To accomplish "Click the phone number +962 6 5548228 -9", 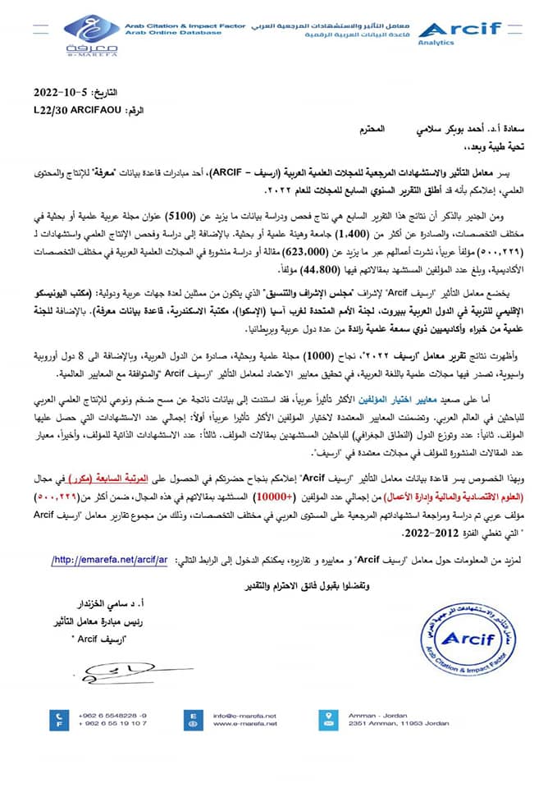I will pyautogui.click(x=112, y=715).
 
